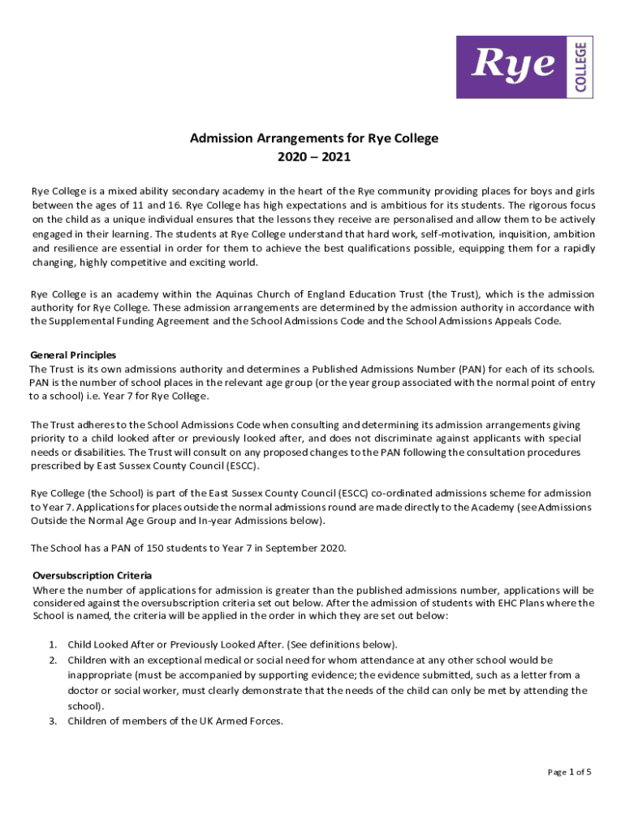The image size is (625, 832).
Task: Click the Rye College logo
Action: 526,67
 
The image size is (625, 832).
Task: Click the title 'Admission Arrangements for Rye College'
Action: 313,138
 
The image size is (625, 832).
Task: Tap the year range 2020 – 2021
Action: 313,157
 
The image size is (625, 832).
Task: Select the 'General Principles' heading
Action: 73,355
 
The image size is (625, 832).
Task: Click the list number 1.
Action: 54,644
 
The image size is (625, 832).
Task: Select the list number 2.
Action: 54,660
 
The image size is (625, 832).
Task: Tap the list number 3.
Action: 54,720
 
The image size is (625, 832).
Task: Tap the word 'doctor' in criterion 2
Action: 84,690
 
